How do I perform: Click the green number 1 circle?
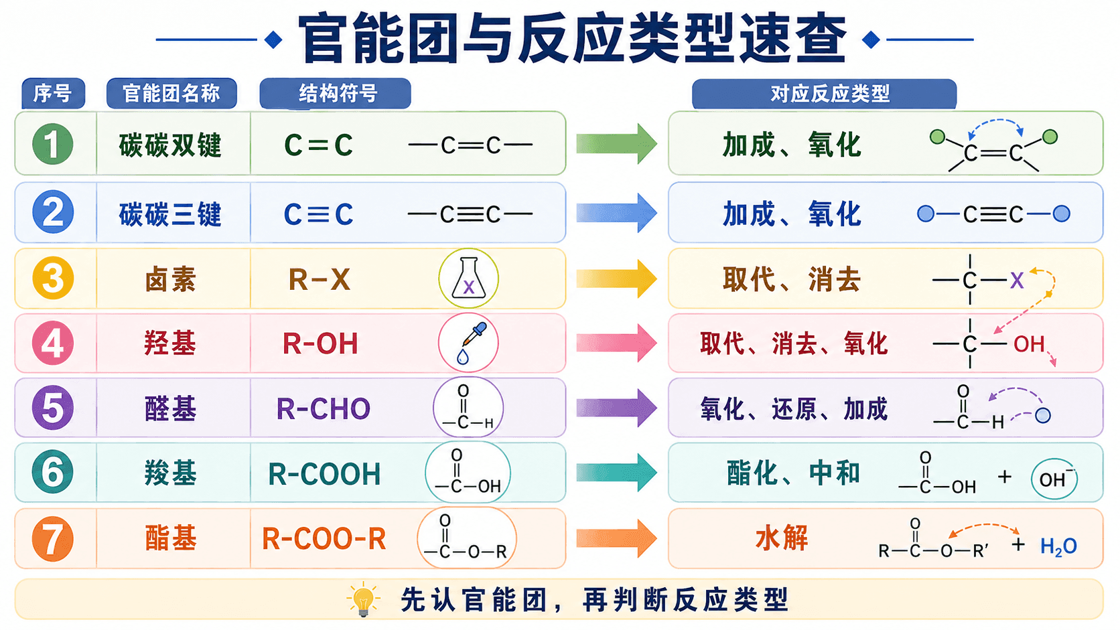52,144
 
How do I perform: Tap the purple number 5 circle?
52,408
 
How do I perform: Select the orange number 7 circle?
52,539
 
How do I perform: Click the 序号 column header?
53,94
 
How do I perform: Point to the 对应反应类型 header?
825,94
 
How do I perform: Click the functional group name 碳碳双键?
170,145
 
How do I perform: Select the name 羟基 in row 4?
170,343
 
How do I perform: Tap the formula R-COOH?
324,473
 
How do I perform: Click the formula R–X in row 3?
319,279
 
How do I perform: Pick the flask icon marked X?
468,279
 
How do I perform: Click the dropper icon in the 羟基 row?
468,343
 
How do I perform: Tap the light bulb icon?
364,599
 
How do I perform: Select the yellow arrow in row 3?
616,279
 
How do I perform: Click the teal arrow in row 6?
616,472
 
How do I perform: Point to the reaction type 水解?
781,538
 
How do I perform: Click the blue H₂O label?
1058,546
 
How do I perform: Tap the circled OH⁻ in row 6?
1054,479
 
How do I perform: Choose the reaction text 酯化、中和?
792,473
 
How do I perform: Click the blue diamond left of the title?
273,40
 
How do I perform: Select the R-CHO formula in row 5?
323,408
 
